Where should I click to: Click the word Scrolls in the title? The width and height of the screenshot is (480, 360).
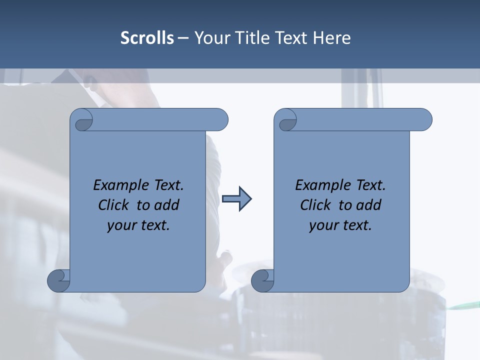point(147,37)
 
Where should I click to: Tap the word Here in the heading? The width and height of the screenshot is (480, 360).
point(331,37)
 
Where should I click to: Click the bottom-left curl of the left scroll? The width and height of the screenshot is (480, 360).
point(58,280)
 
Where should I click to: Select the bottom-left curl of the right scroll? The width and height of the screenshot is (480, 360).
point(262,280)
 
